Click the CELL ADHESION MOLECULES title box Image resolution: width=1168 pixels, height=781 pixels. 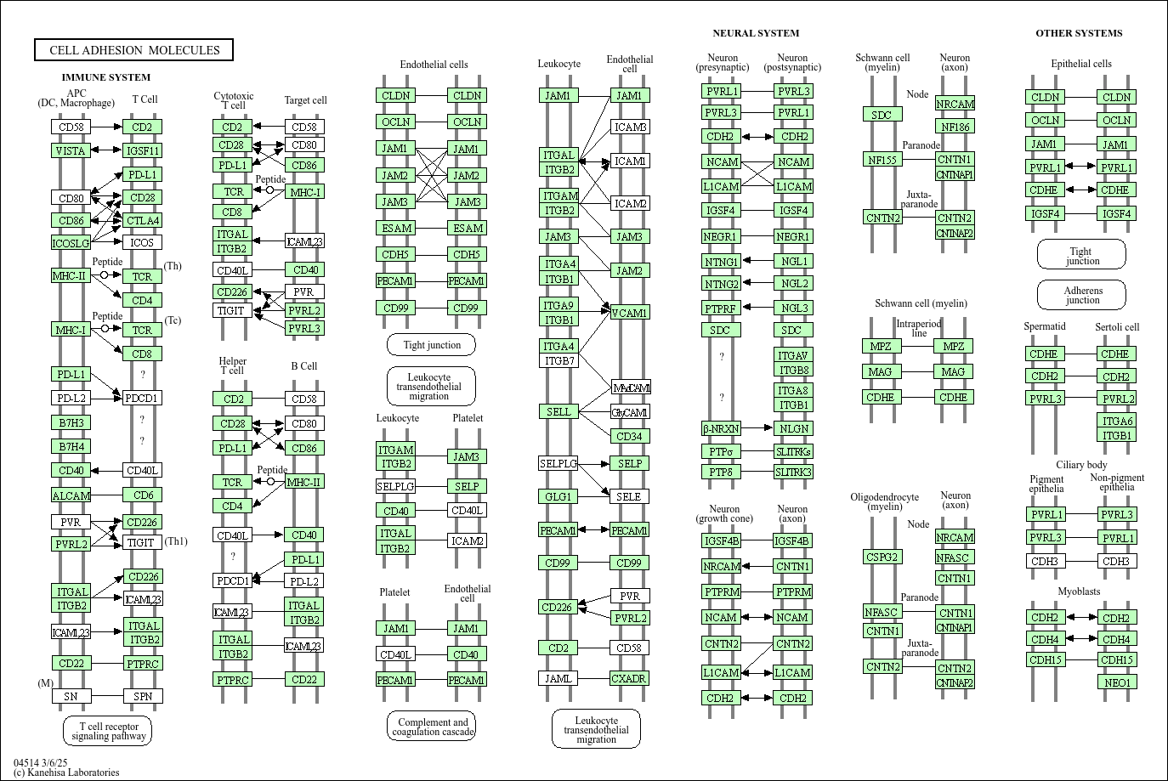tap(134, 50)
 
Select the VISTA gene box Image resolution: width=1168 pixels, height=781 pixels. tap(71, 150)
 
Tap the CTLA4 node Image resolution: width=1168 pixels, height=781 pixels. tap(142, 220)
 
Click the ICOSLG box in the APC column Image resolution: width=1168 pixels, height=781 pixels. tap(71, 243)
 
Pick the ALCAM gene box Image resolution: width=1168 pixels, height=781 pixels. tap(71, 495)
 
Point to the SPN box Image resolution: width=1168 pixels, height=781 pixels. tap(142, 696)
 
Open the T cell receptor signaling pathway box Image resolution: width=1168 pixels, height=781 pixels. tap(108, 731)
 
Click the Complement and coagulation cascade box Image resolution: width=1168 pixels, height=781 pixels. tap(433, 727)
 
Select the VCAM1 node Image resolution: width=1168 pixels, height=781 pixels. tap(629, 313)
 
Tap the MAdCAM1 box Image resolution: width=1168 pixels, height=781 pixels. tap(631, 388)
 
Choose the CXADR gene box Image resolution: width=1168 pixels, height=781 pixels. tap(629, 678)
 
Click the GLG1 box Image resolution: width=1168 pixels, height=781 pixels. tap(558, 496)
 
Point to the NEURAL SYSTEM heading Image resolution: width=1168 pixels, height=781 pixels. tap(756, 33)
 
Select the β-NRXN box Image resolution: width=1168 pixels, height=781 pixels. tap(721, 428)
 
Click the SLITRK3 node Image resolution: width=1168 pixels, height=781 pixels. tap(793, 472)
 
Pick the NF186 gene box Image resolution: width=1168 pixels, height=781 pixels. tap(955, 127)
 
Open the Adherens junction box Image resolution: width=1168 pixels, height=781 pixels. tap(1082, 295)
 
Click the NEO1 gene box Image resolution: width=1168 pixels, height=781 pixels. tap(1117, 682)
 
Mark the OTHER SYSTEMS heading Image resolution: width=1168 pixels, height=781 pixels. tap(1079, 33)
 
